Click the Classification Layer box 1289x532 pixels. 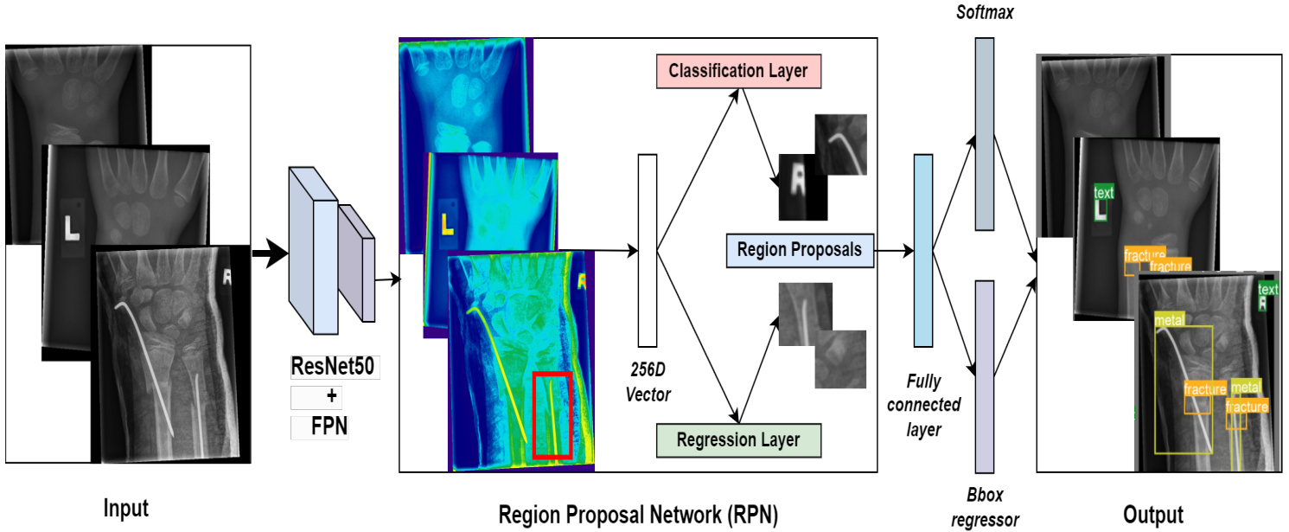click(737, 71)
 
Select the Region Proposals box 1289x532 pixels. click(800, 250)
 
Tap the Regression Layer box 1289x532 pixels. click(737, 439)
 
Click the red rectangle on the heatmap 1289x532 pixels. click(552, 414)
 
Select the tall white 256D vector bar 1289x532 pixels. click(648, 250)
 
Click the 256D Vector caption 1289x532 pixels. click(648, 381)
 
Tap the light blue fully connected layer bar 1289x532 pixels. click(922, 250)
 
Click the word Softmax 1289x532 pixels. click(984, 14)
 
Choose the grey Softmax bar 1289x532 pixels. click(985, 133)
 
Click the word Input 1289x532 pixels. click(125, 509)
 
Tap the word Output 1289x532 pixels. click(1153, 514)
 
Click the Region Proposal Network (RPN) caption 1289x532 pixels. click(638, 516)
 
